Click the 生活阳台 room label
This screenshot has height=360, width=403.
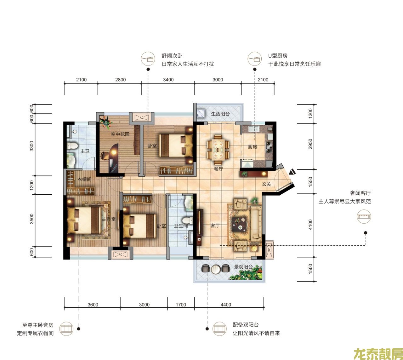coord(220,114)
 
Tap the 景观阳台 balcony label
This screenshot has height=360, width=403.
coord(243,267)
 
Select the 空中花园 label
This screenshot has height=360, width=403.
coord(120,134)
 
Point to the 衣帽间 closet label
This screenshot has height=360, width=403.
coord(84,179)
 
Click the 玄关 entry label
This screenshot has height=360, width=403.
coord(266,184)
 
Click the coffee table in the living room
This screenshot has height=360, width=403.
coord(240,223)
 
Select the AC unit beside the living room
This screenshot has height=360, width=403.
coord(269,250)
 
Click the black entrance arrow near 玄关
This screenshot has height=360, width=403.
coord(292,172)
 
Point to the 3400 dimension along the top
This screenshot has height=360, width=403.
coord(168,80)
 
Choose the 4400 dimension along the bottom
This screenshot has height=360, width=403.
coord(226,305)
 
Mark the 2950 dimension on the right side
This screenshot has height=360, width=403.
coord(310,144)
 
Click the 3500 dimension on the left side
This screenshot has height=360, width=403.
coord(31,219)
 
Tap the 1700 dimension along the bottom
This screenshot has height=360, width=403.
coord(181,305)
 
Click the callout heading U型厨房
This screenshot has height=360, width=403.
coord(278,56)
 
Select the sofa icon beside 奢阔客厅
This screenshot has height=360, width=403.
coord(364,216)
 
